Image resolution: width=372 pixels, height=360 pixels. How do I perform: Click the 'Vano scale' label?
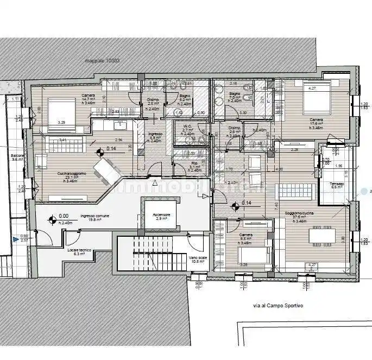[x=197, y=258]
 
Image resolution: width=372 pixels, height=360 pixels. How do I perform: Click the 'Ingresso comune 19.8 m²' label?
[x=95, y=218]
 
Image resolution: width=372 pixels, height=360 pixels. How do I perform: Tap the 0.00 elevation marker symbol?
[x=53, y=220]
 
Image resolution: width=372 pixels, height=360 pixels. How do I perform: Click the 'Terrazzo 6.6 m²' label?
[x=337, y=186]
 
